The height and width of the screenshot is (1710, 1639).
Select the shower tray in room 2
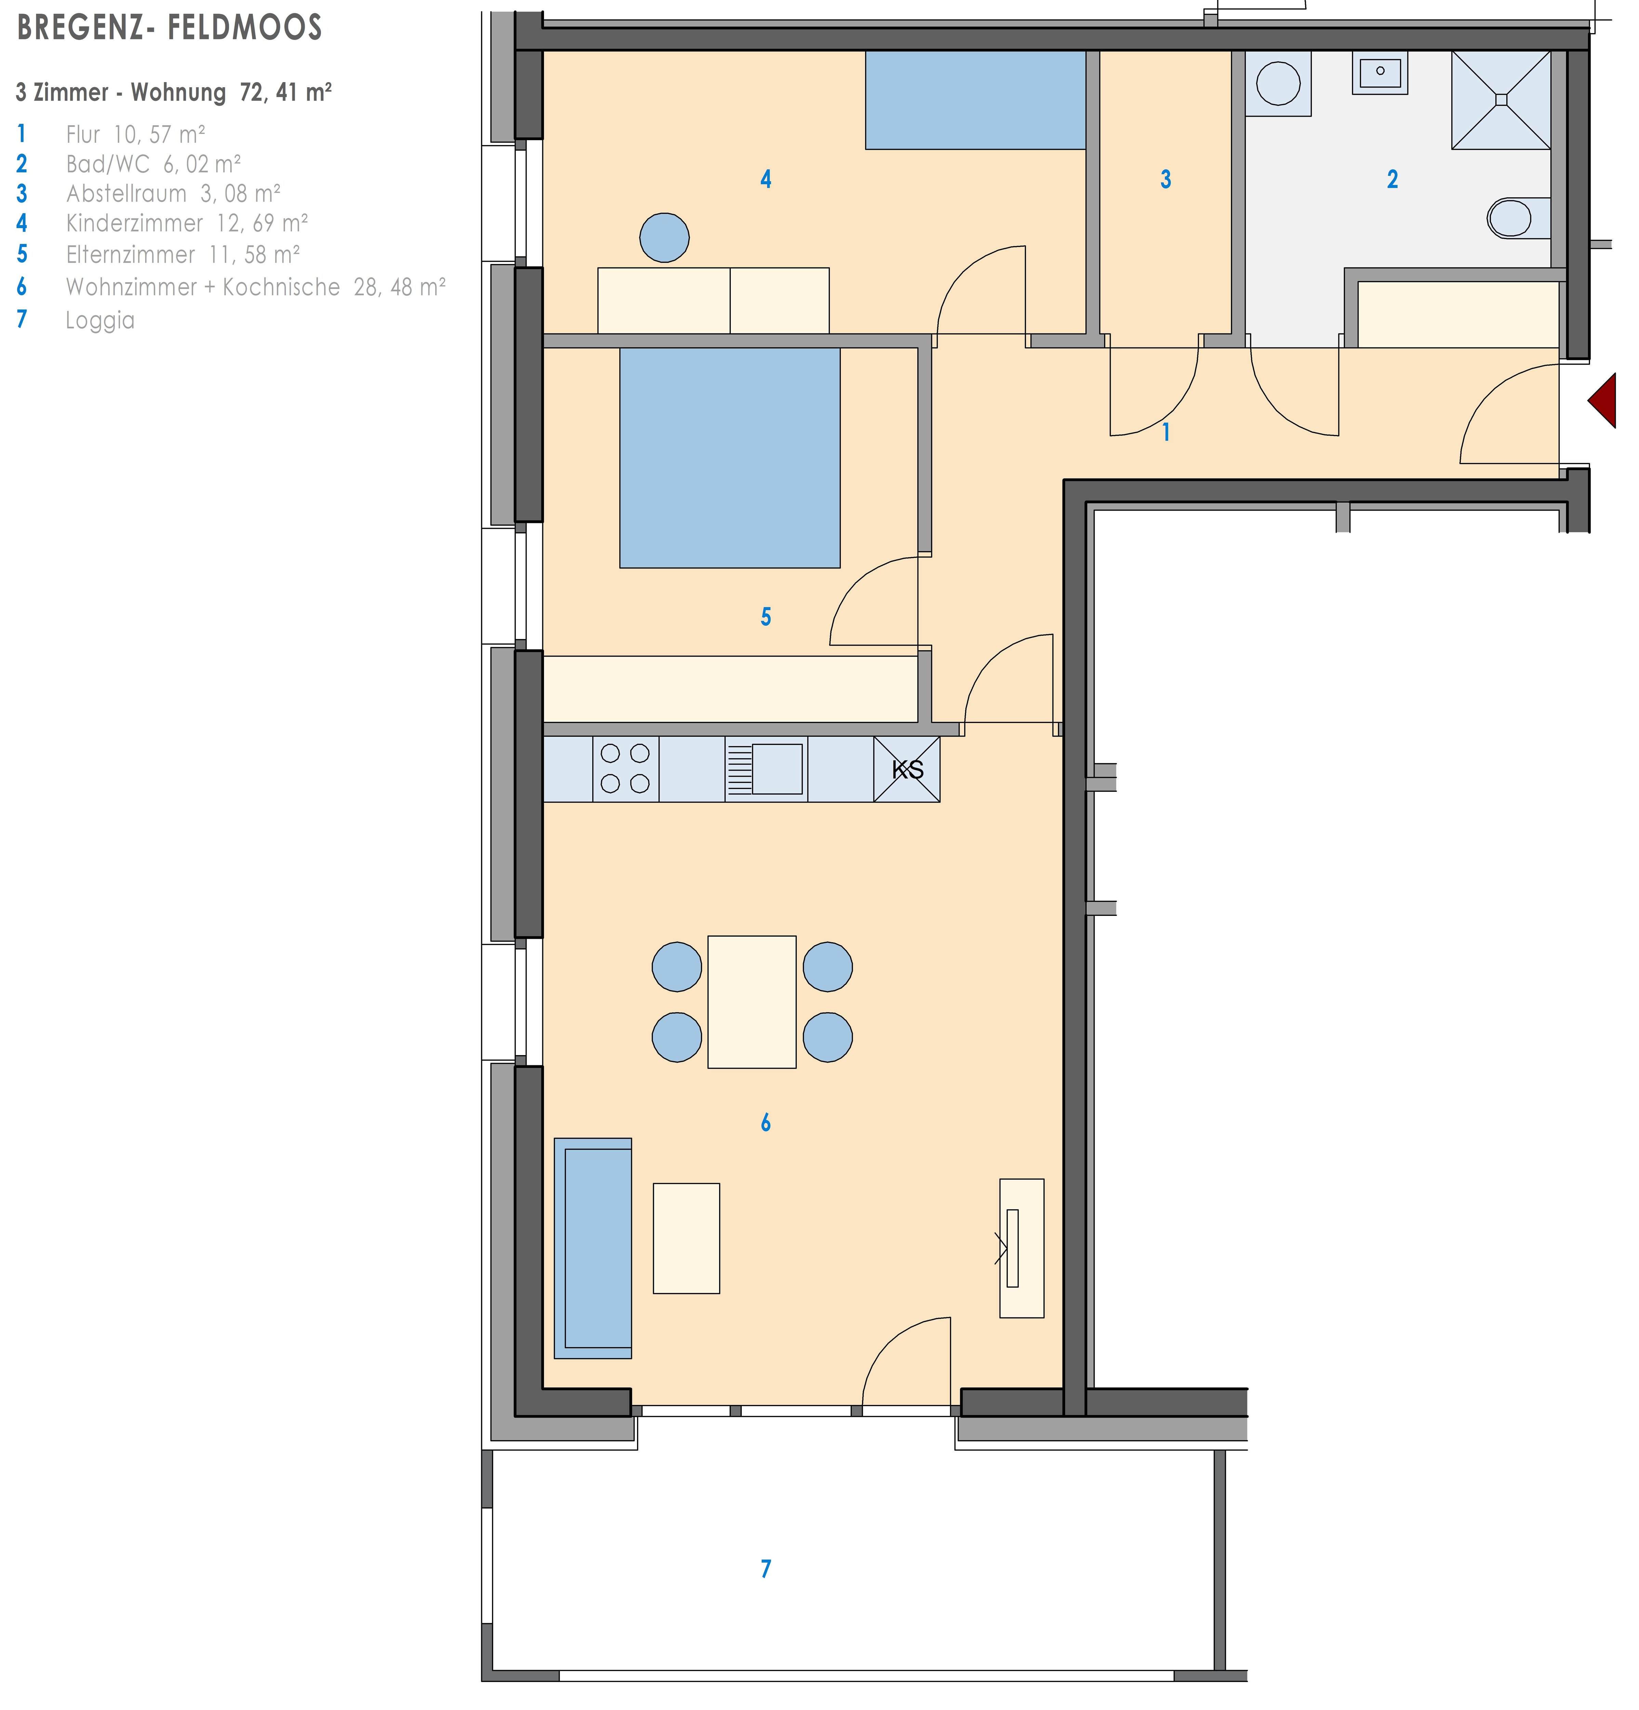[1500, 100]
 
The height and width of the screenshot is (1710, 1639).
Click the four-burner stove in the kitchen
[625, 768]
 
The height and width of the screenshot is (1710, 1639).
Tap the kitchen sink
[766, 768]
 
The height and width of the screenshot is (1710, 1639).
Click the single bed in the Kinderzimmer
[975, 100]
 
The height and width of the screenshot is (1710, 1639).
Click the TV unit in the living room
[1021, 1248]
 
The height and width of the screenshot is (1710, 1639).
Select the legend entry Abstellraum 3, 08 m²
[173, 193]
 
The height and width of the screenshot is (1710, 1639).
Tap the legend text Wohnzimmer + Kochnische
[202, 287]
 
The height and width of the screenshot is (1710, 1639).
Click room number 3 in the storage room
[1165, 180]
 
